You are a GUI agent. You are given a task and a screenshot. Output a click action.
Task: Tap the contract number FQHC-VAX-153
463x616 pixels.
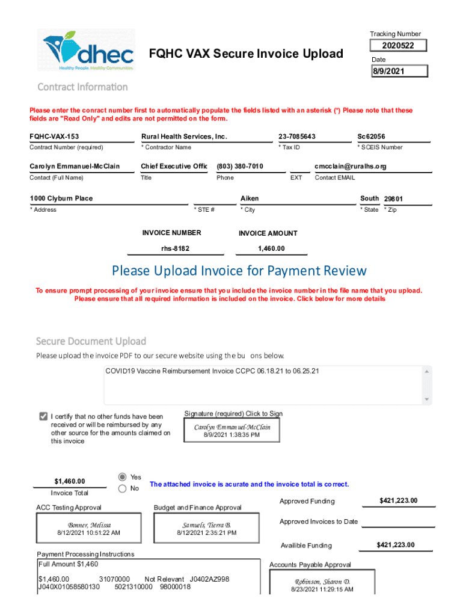(55, 137)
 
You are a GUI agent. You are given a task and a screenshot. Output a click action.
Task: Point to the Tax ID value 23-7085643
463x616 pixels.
(297, 137)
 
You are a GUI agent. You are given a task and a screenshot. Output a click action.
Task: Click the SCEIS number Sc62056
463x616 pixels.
(372, 137)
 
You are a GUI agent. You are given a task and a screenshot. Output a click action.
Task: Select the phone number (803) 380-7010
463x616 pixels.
(240, 167)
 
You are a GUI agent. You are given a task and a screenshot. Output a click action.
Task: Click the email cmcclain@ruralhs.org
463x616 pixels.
(350, 167)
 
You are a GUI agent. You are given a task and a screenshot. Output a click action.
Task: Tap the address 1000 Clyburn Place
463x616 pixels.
(61, 199)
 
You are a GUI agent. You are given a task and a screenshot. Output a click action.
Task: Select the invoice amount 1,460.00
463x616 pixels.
(271, 248)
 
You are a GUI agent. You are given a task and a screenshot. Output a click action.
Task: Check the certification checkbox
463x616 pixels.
(43, 416)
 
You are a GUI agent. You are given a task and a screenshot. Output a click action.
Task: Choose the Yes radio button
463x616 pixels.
(123, 476)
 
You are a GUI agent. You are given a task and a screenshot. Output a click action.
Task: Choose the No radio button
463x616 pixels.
(123, 489)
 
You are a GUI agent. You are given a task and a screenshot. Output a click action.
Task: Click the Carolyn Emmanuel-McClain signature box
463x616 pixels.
(231, 430)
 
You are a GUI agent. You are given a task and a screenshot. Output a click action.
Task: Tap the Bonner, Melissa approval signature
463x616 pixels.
(89, 529)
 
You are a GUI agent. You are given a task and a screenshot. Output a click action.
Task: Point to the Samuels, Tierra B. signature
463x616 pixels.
(206, 529)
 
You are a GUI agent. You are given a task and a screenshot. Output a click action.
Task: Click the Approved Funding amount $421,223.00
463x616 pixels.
(398, 501)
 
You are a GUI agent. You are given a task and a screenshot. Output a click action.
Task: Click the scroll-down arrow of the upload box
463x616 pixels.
(427, 399)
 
